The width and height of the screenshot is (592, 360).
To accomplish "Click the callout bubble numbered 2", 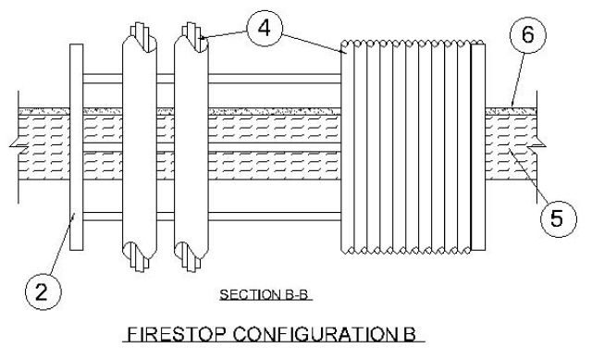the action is (43, 292).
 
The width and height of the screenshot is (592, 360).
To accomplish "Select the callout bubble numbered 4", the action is (265, 29).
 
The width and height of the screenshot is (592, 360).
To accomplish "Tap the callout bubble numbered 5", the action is (559, 218).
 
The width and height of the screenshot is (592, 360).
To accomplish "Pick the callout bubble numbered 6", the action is (528, 35).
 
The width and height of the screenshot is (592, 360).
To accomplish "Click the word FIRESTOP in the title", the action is (177, 334).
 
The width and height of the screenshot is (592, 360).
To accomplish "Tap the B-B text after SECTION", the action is (294, 294).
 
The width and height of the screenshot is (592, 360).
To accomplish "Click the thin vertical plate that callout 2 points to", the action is (76, 147).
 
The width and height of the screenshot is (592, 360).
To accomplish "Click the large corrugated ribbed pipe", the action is (413, 146).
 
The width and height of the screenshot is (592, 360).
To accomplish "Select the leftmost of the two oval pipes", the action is (140, 147).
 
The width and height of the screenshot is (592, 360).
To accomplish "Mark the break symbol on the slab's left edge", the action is (18, 146).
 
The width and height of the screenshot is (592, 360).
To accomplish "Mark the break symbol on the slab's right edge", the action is (536, 145).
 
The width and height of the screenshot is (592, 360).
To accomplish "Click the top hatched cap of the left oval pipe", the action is (142, 37).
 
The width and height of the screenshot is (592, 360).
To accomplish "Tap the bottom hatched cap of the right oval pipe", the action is (190, 256).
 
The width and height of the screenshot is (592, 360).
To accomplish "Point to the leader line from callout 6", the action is (518, 80).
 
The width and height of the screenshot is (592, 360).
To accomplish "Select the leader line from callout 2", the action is (62, 244).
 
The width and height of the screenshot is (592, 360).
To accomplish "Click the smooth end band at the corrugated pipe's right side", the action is (478, 147).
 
